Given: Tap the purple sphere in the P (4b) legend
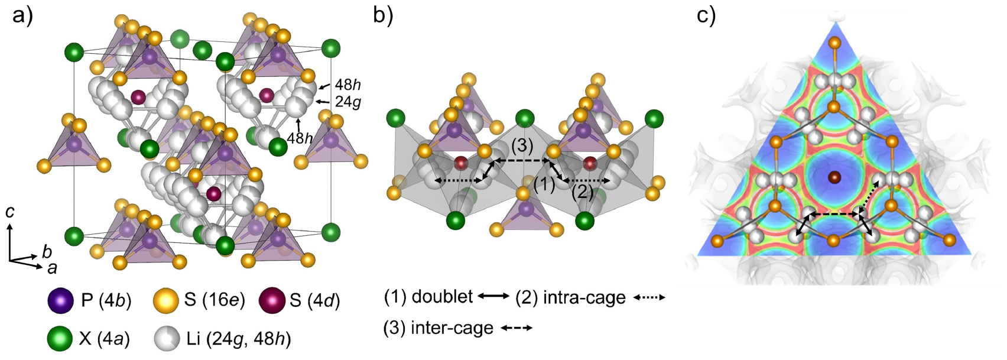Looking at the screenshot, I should click(x=60, y=300).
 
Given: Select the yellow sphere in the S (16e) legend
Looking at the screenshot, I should click(x=165, y=300).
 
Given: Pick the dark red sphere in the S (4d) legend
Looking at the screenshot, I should click(x=271, y=300).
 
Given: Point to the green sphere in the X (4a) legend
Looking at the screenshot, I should click(x=60, y=338).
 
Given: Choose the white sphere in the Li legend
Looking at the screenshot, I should click(x=165, y=338).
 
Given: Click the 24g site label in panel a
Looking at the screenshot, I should click(x=347, y=102).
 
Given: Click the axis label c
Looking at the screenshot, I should click(x=10, y=212).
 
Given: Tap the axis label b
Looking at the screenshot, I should click(x=47, y=252).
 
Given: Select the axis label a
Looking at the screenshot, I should click(x=52, y=269).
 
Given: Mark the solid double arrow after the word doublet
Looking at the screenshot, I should click(x=493, y=296).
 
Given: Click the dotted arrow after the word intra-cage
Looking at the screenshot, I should click(x=649, y=297).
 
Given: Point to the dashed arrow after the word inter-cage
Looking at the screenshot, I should click(x=517, y=327).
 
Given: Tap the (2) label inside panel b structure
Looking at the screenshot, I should click(x=582, y=192).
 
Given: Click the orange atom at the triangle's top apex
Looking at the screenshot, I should click(x=834, y=43).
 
